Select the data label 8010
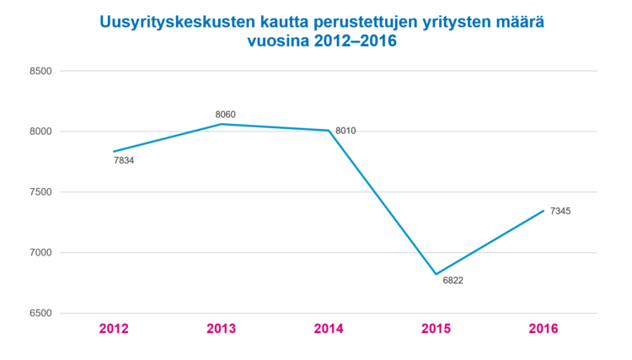click(x=346, y=131)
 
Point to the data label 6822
click(x=453, y=280)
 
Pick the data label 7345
click(x=560, y=211)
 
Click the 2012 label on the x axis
click(x=113, y=328)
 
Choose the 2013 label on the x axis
click(x=221, y=328)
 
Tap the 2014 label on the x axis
click(x=329, y=328)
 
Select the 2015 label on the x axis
click(x=436, y=328)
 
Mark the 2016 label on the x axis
click(x=544, y=328)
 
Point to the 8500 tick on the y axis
click(x=40, y=71)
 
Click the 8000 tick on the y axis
click(x=40, y=132)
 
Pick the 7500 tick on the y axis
click(x=40, y=192)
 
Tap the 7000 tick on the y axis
click(x=40, y=253)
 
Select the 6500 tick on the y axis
click(x=40, y=314)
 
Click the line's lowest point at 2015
click(x=436, y=274)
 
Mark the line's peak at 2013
click(x=221, y=124)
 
